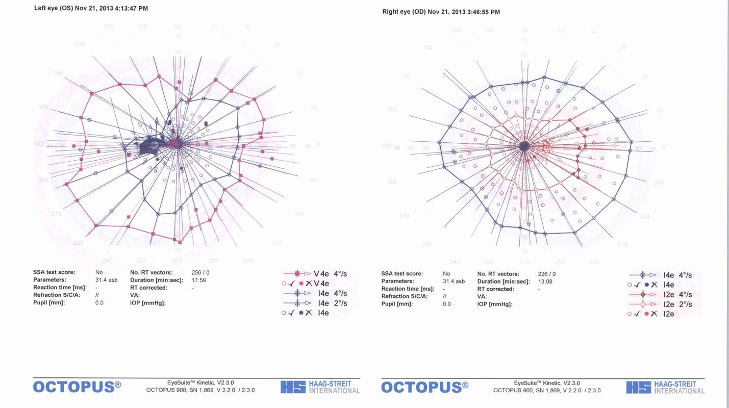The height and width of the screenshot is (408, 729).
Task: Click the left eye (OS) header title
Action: [x=91, y=9]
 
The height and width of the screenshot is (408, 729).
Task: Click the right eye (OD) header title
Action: [x=441, y=11]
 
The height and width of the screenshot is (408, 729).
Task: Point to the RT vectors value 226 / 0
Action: [x=546, y=274]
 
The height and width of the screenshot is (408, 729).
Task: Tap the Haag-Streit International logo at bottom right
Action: [x=665, y=387]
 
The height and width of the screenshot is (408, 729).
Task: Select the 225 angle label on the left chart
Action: [x=79, y=243]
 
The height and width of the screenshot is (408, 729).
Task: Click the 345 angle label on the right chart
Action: [x=659, y=182]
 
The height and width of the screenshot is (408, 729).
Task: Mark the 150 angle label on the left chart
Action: [x=58, y=73]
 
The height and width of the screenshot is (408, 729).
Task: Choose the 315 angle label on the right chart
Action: [x=622, y=245]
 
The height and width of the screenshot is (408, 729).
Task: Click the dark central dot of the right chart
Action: [x=523, y=146]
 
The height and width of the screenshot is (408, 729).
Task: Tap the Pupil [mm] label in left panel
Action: [x=49, y=303]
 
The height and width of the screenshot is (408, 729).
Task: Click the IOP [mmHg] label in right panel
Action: [x=495, y=304]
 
